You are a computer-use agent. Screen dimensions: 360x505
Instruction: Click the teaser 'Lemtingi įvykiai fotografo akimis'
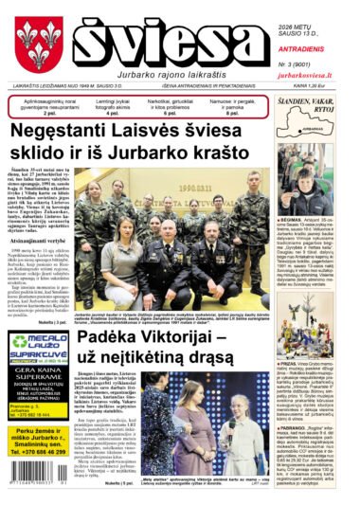[120, 102]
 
